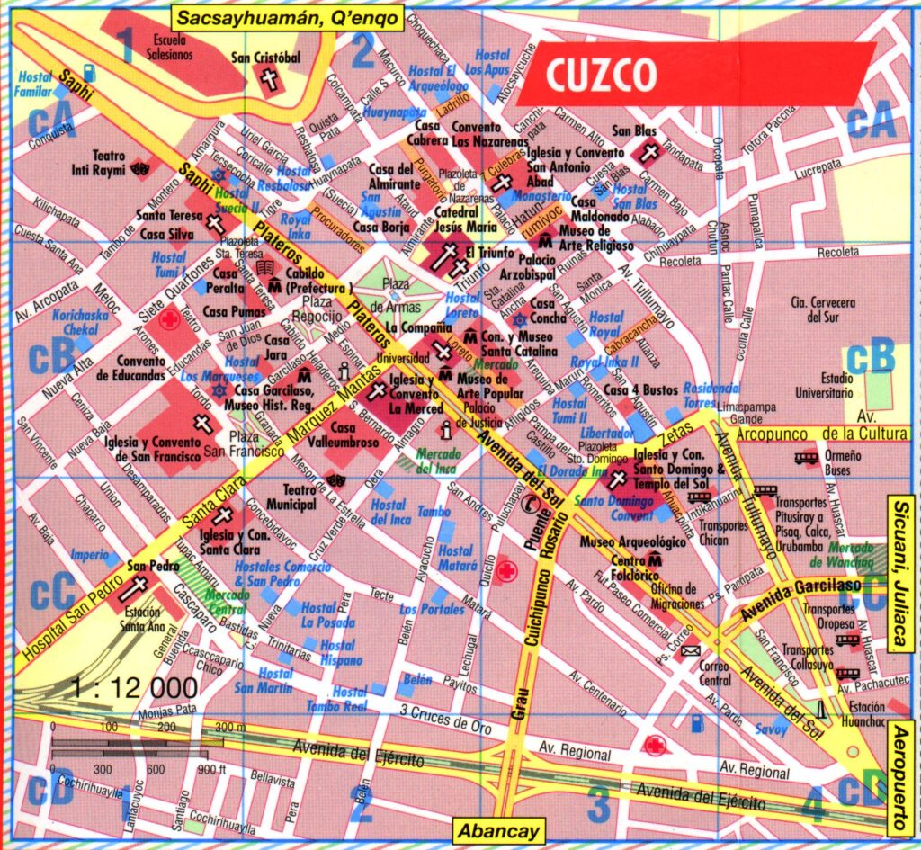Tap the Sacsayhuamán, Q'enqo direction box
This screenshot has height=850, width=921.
pos(287,16)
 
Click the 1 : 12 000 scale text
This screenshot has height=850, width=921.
pos(135,688)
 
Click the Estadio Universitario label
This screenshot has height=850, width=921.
pos(823,385)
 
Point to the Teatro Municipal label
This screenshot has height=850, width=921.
pos(291,497)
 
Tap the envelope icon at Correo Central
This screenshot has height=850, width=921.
pos(690,650)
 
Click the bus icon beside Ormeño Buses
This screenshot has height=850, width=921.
pos(806,458)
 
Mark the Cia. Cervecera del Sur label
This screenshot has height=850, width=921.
pos(823,309)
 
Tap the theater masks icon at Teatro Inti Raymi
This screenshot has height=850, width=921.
pos(139,167)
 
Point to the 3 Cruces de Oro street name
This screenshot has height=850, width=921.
pos(445,718)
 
